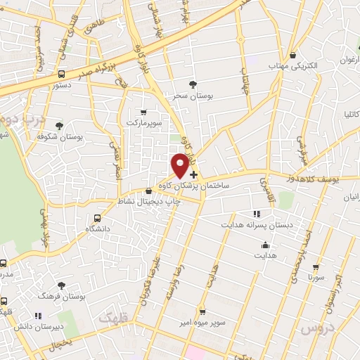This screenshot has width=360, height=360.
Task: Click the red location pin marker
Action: [180, 165]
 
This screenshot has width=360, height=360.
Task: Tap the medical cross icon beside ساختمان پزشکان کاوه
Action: [193, 174]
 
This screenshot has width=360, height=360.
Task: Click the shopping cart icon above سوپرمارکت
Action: [144, 112]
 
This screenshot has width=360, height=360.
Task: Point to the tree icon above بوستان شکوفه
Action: [59, 126]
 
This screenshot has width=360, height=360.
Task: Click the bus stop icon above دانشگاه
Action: [98, 218]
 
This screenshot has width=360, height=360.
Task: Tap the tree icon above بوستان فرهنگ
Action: [61, 285]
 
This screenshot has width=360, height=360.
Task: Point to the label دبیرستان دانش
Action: [38, 326]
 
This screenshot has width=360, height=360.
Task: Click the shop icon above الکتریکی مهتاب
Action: [292, 55]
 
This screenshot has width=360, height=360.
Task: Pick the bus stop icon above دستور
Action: [62, 73]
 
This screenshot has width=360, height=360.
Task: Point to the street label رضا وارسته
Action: [171, 288]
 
